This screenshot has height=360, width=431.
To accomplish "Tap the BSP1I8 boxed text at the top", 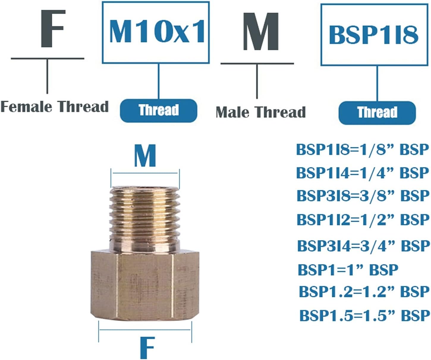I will click(x=374, y=35).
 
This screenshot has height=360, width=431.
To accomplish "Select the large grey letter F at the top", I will click(x=53, y=29).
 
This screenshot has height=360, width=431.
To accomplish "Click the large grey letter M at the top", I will click(x=261, y=32).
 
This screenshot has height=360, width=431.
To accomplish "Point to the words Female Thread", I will click(x=54, y=106).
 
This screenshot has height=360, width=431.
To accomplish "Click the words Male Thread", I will click(x=260, y=112).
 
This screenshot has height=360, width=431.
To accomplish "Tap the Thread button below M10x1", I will click(x=158, y=110).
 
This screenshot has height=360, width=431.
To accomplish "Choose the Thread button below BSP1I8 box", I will click(x=377, y=113).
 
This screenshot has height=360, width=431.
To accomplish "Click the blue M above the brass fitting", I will click(x=145, y=156).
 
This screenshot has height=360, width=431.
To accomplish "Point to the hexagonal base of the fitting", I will click(x=145, y=285).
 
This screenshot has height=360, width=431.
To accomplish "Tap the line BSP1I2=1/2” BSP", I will click(x=363, y=220).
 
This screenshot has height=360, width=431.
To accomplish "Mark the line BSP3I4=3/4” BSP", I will click(x=364, y=246).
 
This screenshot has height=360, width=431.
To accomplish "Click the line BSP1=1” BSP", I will click(x=348, y=270).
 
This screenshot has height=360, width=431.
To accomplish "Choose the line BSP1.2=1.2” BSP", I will click(x=364, y=292).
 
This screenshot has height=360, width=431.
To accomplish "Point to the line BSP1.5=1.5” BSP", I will click(x=364, y=315).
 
